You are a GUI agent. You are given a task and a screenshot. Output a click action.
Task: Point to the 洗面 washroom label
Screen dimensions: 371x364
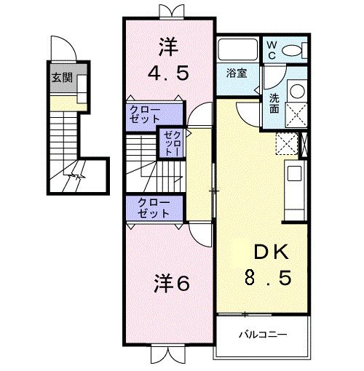(x=274, y=103)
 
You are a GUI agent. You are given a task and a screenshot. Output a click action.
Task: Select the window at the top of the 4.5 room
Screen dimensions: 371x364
(x=168, y=11)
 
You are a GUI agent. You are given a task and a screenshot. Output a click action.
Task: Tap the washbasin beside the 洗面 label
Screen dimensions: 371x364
(x=298, y=91)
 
